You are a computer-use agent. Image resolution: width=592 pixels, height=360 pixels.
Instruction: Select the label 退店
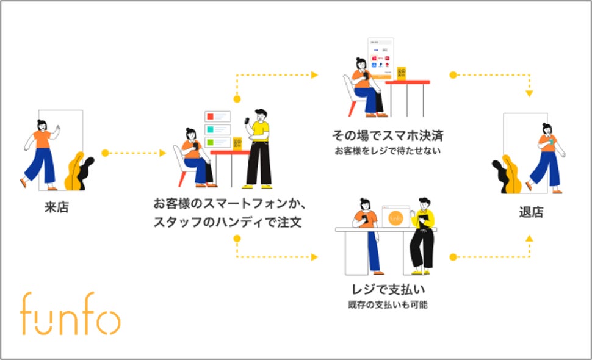click(x=530, y=212)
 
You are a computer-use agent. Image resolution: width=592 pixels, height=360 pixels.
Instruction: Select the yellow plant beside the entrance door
click(x=74, y=171)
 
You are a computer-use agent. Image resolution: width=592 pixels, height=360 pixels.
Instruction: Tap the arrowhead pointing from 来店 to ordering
click(x=162, y=153)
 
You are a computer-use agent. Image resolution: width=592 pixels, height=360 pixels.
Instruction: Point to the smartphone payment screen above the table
click(x=380, y=59)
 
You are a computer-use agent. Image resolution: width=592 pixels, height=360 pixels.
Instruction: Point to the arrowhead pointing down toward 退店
click(x=529, y=94)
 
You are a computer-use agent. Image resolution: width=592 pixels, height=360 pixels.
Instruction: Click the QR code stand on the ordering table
click(x=237, y=143)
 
